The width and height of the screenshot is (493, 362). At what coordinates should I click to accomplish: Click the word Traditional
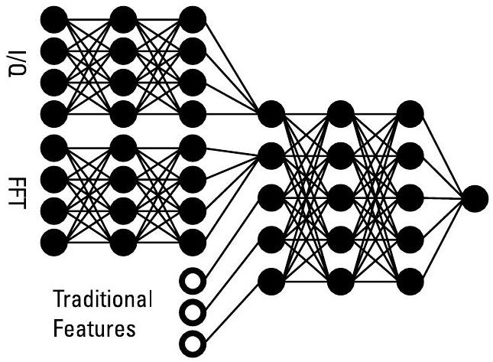102,298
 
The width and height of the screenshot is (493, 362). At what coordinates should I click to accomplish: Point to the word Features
96,329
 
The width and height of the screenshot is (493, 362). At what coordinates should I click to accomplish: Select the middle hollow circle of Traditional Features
194,311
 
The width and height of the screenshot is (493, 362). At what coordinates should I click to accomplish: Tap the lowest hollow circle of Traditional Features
194,340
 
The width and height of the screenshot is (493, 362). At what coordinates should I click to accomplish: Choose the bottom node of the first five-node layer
271,281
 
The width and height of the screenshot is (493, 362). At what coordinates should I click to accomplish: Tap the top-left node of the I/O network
53,18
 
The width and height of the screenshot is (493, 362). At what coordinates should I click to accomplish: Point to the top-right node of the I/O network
193,18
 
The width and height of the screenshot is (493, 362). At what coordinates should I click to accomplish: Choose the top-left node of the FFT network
53,146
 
